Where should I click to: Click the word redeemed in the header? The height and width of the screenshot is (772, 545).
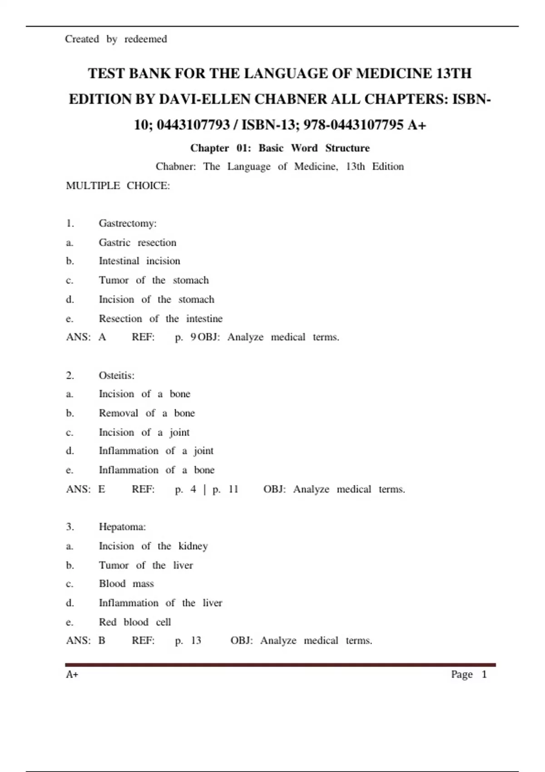tap(145, 39)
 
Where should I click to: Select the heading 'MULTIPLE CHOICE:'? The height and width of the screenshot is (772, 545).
tap(118, 186)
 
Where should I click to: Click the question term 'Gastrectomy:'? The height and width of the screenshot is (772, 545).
tap(128, 223)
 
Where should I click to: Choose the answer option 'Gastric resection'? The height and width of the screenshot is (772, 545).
tap(137, 242)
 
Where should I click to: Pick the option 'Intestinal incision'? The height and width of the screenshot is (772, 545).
tap(139, 261)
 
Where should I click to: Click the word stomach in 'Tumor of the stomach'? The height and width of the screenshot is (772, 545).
tap(191, 280)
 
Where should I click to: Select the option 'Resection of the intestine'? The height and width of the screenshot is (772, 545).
tap(160, 319)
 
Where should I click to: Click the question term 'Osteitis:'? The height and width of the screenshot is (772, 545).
tap(117, 376)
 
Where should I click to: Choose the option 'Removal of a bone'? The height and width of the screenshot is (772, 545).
tap(147, 413)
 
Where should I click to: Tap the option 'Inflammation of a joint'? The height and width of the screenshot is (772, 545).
tap(156, 451)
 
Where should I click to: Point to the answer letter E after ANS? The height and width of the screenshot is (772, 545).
tap(102, 489)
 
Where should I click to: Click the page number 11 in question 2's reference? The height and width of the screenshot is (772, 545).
tap(233, 489)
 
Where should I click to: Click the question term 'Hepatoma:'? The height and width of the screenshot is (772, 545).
tap(122, 527)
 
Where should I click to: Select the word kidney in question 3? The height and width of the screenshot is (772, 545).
tap(193, 546)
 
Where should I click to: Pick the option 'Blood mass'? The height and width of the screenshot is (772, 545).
tap(126, 584)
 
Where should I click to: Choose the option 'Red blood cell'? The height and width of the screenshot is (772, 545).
tap(135, 622)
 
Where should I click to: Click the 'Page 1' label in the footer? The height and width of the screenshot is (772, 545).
tap(469, 674)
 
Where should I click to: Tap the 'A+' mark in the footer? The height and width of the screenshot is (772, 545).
tap(72, 674)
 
